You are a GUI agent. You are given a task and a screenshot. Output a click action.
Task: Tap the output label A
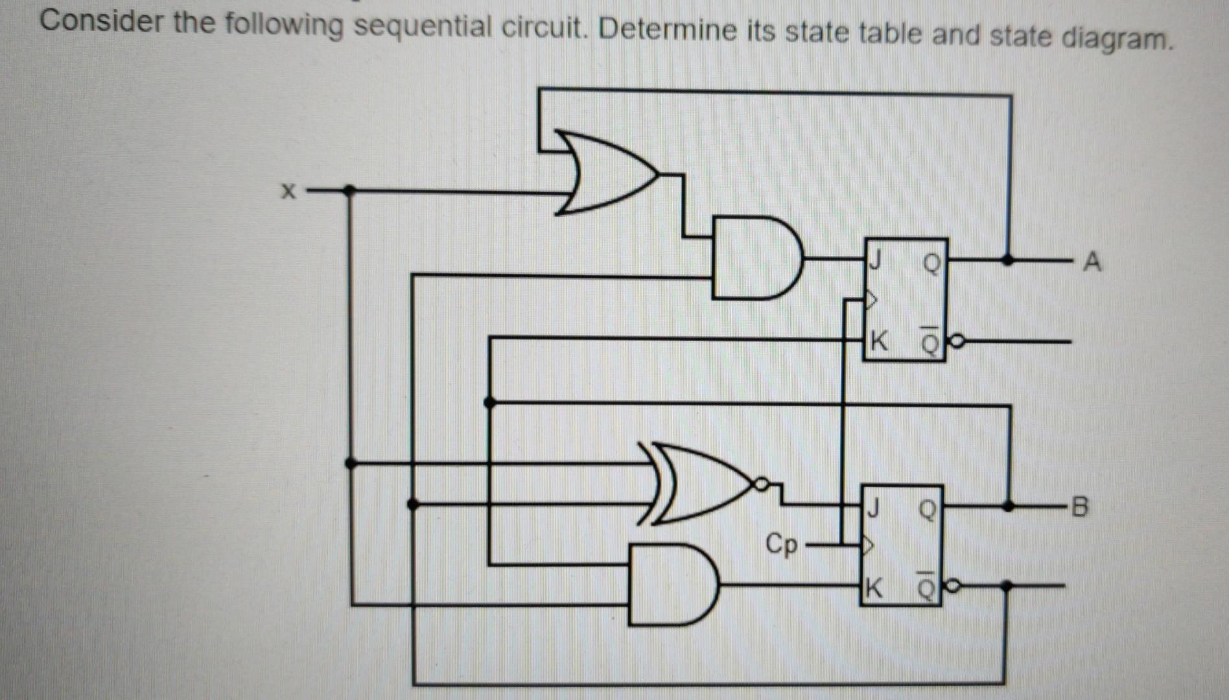1092,262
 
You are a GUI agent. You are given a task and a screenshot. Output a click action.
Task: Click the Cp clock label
781,544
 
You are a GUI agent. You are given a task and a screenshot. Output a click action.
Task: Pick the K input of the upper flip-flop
878,340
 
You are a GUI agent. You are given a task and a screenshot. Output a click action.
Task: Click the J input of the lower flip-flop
873,507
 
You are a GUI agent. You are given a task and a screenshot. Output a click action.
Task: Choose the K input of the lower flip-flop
873,589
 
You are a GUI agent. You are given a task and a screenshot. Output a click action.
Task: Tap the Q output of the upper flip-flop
931,262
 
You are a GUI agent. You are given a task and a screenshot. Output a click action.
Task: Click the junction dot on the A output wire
1007,260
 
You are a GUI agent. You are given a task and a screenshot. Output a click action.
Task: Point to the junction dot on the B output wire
1008,506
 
